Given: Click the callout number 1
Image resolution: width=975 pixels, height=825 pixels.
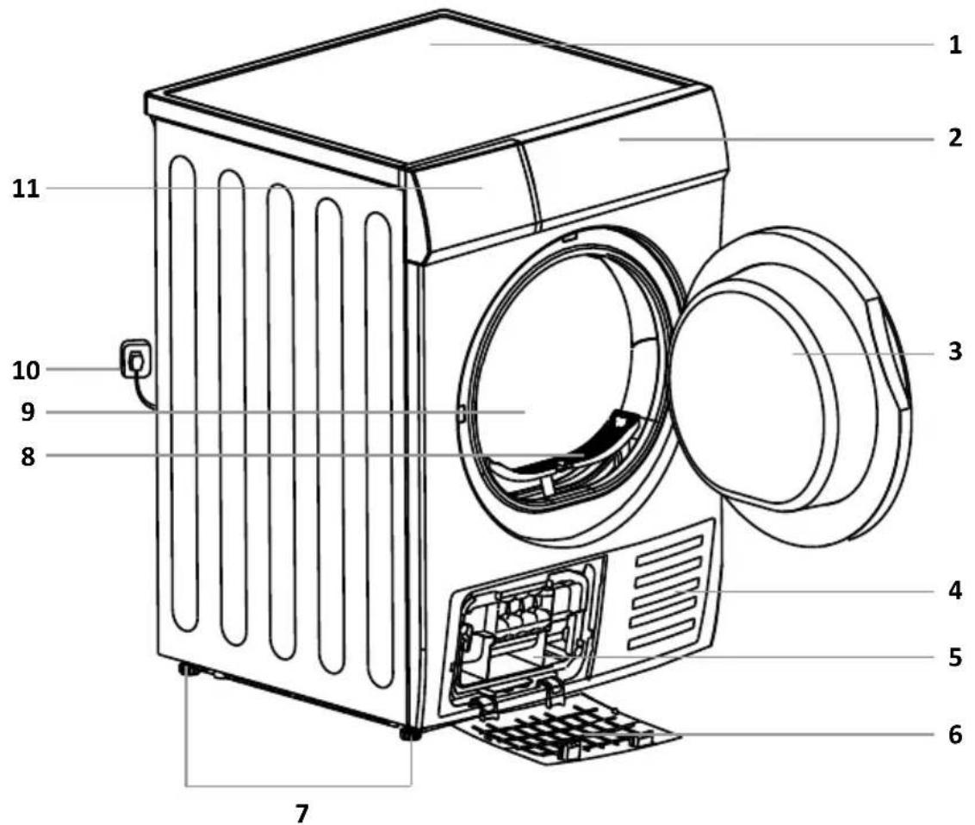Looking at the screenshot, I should (x=954, y=46).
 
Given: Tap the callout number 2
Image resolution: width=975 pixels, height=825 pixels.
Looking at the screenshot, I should (x=954, y=138).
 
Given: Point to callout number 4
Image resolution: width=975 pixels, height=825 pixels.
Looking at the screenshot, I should (x=954, y=591).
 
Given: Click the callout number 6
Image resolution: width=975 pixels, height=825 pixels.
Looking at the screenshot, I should (x=954, y=734).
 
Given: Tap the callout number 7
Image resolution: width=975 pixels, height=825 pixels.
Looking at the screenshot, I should (x=301, y=812).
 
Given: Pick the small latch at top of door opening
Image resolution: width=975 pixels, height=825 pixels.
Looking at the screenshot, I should (x=568, y=234).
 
